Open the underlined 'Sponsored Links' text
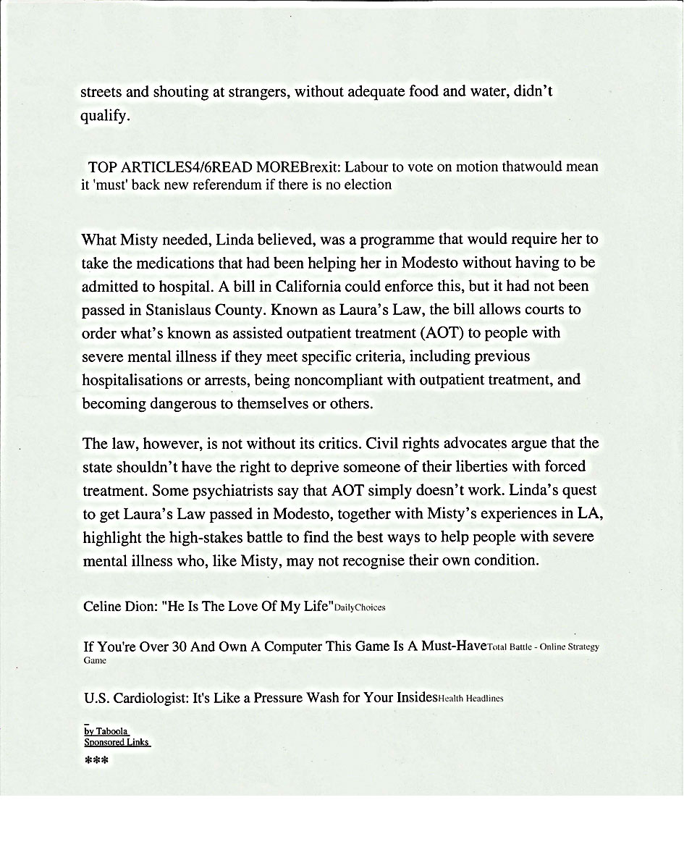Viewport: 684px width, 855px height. (117, 742)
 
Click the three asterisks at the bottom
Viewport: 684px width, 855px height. (96, 761)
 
